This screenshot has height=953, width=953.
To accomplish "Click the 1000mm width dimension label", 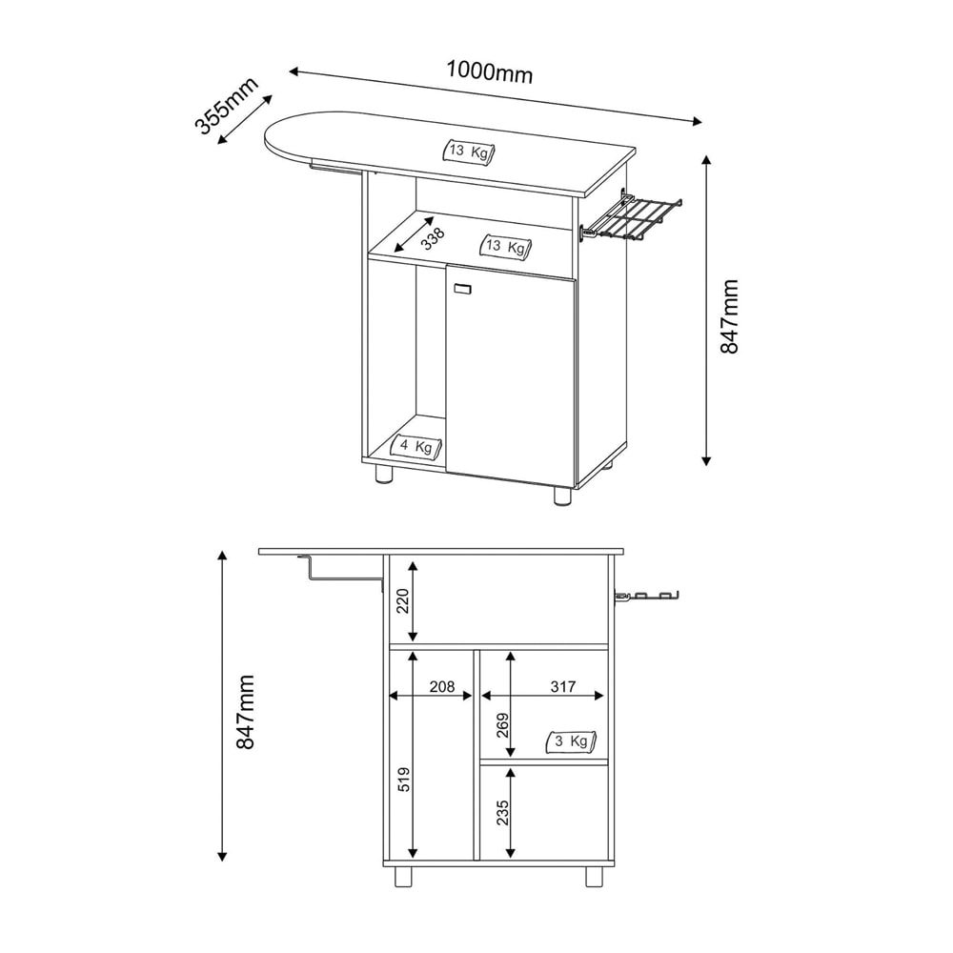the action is pyautogui.click(x=490, y=71).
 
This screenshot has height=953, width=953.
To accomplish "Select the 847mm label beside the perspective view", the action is pyautogui.click(x=729, y=316).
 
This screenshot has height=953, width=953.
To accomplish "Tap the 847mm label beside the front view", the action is pyautogui.click(x=245, y=711).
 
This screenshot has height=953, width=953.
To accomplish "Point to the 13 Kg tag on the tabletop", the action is pyautogui.click(x=469, y=152).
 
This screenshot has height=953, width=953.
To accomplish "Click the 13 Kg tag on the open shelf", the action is pyautogui.click(x=506, y=246).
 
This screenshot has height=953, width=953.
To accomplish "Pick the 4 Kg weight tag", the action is pyautogui.click(x=417, y=447).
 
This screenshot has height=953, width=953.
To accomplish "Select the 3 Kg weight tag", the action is pyautogui.click(x=572, y=741).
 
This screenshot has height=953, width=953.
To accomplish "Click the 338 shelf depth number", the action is pyautogui.click(x=434, y=238).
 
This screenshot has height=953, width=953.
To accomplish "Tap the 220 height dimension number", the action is pyautogui.click(x=403, y=601).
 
